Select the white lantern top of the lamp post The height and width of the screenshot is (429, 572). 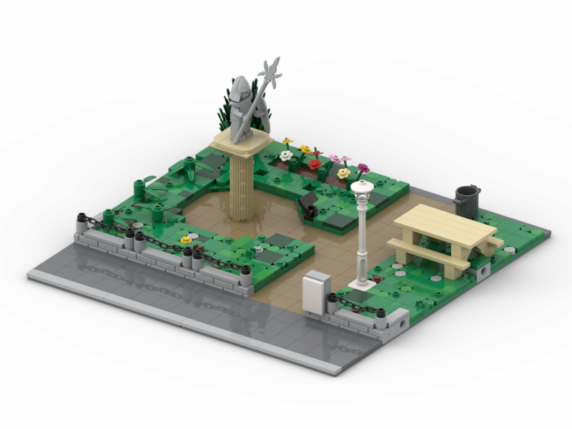coord(362,189)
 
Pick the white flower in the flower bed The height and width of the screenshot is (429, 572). coord(286,155)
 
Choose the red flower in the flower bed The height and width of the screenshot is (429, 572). coord(314,164)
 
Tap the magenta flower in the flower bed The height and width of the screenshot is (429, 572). coord(363,168)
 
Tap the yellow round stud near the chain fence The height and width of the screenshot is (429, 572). coord(187,240)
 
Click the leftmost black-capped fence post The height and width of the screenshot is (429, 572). coord(82,217)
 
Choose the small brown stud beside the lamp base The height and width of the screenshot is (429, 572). coord(376,270)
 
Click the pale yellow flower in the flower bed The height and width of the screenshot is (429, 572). coord(344,172)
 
